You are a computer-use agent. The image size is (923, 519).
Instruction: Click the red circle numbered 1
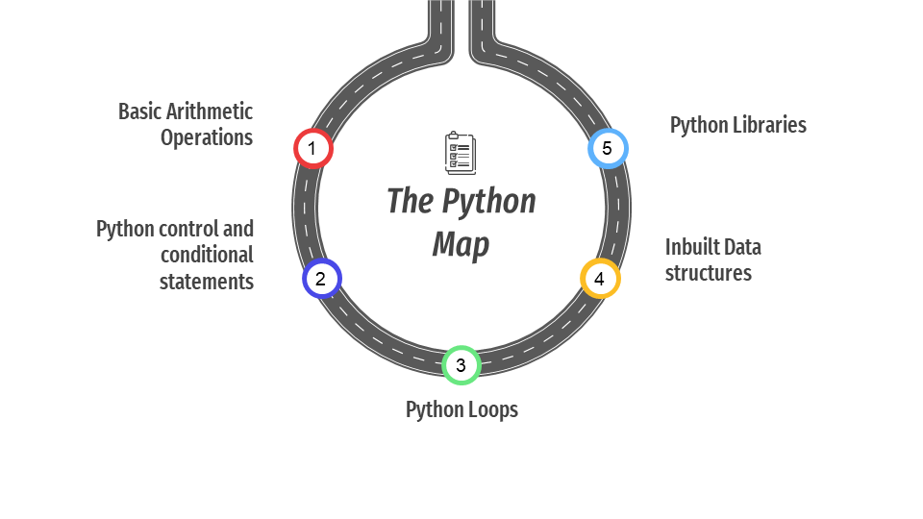click(x=313, y=148)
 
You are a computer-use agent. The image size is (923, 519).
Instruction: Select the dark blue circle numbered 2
click(x=322, y=279)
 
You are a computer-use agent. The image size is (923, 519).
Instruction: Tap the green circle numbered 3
click(x=461, y=365)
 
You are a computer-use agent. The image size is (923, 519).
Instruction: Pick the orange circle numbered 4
click(x=600, y=279)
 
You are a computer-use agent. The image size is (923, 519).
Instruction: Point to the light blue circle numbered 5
click(x=608, y=148)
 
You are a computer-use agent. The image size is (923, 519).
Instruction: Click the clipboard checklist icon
click(x=461, y=153)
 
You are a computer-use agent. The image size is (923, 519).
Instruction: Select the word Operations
click(x=207, y=137)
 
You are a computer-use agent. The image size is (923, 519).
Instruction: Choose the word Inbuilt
click(x=691, y=247)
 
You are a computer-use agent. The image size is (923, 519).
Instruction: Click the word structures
click(x=709, y=273)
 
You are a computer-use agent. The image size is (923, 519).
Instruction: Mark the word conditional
click(x=207, y=255)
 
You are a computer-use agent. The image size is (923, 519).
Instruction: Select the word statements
click(x=207, y=282)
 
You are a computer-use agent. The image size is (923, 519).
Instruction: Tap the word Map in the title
click(x=461, y=245)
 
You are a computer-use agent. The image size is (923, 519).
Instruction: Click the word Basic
click(x=140, y=111)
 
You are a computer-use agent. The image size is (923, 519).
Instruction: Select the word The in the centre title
click(x=411, y=201)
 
